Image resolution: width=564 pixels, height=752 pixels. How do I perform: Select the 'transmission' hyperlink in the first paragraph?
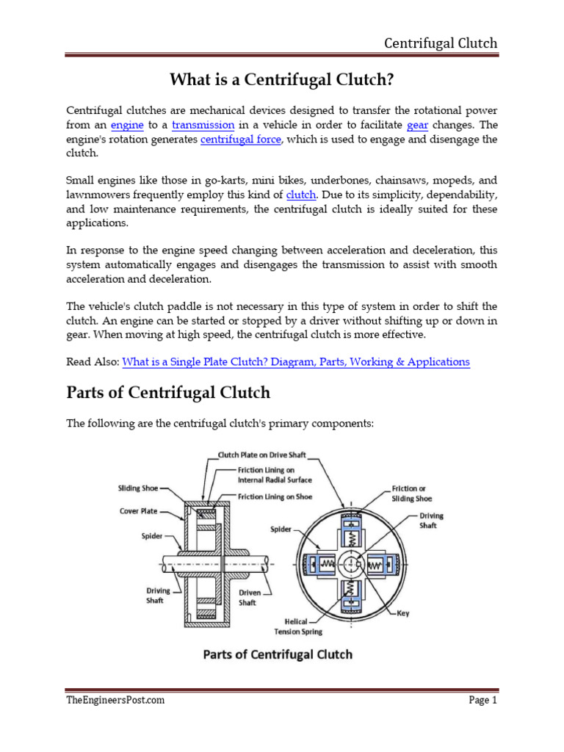click(203, 126)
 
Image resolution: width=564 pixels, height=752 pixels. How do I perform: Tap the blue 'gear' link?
click(417, 126)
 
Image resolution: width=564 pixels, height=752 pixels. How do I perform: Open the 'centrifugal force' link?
click(240, 140)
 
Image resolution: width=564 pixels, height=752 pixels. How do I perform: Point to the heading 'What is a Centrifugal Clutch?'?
click(282, 78)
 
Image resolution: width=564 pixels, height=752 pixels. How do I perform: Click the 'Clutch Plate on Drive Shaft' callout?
click(261, 455)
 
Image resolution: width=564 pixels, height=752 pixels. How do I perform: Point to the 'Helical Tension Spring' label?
click(297, 626)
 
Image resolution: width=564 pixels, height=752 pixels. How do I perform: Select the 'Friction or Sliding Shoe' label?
click(433, 493)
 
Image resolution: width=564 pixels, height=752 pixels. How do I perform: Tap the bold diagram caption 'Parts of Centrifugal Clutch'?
click(278, 654)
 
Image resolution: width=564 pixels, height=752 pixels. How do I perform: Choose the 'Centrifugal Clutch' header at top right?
click(441, 43)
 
